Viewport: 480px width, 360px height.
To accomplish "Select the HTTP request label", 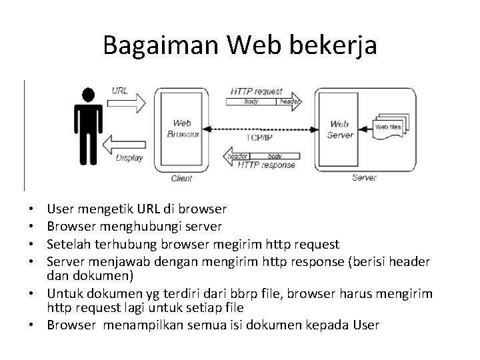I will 257,91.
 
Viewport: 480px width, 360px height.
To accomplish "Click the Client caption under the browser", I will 182,179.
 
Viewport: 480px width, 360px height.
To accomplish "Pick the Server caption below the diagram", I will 364,178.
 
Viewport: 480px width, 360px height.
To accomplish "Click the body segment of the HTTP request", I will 251,101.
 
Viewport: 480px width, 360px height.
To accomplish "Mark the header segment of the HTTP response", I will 237,155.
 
